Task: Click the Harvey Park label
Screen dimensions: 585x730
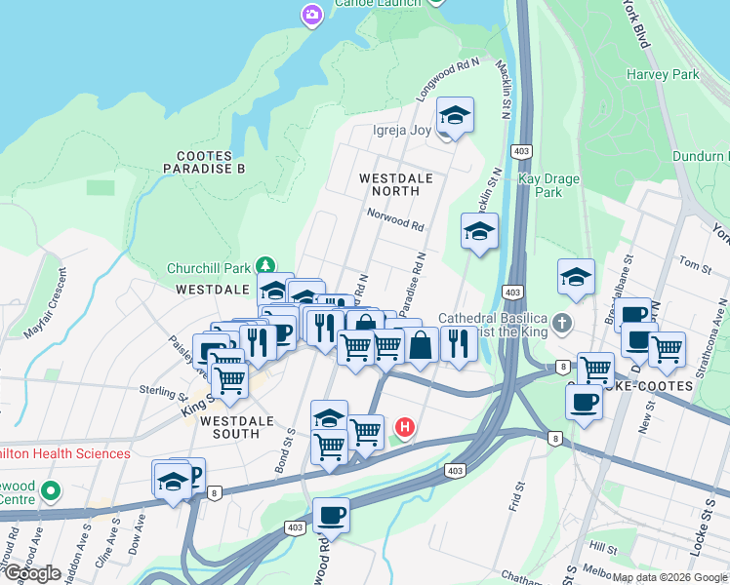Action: pyautogui.click(x=664, y=74)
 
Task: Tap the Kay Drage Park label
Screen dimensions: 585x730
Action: pyautogui.click(x=548, y=185)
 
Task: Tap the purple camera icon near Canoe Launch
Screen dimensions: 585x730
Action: pyautogui.click(x=311, y=14)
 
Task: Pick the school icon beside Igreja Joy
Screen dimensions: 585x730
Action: pyautogui.click(x=455, y=115)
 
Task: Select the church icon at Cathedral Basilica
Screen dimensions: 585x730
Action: pyautogui.click(x=561, y=322)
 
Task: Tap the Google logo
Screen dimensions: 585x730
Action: pyautogui.click(x=33, y=573)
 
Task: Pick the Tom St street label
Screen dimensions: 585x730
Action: pyautogui.click(x=695, y=265)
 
